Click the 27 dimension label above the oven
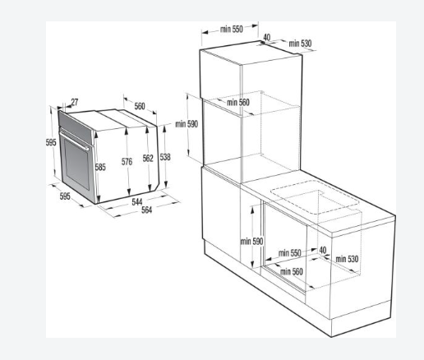click(75, 102)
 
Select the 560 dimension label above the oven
click(140, 106)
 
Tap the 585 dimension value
click(100, 167)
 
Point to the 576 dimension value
click(127, 162)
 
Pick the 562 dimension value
click(148, 158)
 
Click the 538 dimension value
click(165, 157)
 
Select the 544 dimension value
click(137, 202)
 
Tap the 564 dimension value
click(146, 210)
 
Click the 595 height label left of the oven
click(51, 142)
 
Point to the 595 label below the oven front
click(65, 196)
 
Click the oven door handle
click(75, 141)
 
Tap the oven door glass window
click(77, 165)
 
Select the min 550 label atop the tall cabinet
click(232, 29)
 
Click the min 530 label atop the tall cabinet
click(300, 44)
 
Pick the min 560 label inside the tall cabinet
click(238, 103)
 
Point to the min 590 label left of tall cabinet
click(187, 124)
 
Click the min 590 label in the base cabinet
click(251, 241)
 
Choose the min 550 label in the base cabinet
click(289, 253)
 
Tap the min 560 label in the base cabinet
click(292, 271)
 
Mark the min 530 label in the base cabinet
click(347, 259)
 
